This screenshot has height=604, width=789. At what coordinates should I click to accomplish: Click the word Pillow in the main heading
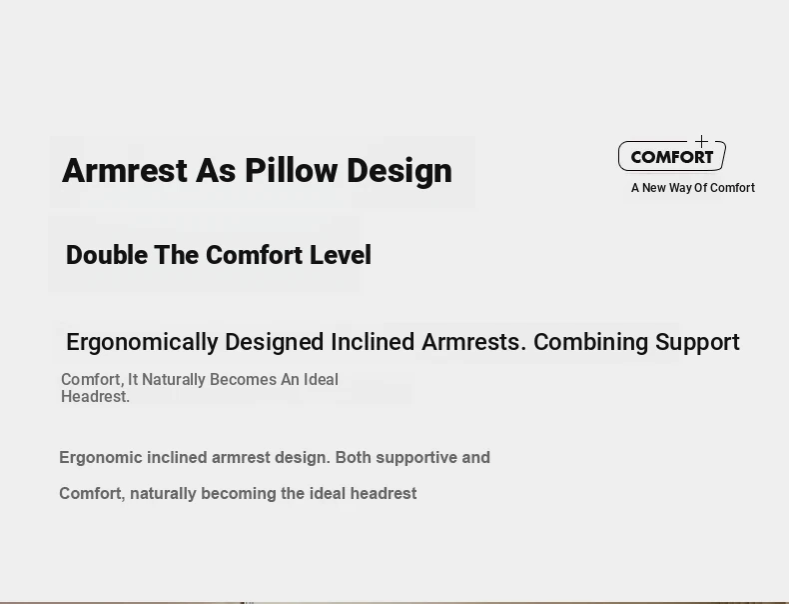[x=291, y=170]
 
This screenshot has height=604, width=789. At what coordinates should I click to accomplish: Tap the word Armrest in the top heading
[x=125, y=170]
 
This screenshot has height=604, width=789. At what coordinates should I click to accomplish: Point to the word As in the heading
[x=216, y=170]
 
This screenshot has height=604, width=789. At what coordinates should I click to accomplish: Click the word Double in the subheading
[x=107, y=255]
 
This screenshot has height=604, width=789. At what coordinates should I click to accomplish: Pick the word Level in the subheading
[x=341, y=255]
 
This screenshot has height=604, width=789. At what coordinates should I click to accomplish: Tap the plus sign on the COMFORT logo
[x=701, y=142]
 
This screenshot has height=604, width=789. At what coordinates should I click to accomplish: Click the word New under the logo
[x=654, y=188]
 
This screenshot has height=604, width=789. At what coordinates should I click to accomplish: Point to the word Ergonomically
[x=143, y=343]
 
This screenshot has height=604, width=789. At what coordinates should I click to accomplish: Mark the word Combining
[x=590, y=343]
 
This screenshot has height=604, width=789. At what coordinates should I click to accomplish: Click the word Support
[x=697, y=343]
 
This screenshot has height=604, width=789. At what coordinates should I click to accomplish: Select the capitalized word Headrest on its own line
[x=95, y=396]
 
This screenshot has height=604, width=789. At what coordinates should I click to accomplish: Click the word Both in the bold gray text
[x=354, y=457]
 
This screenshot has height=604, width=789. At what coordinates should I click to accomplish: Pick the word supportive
[x=416, y=458]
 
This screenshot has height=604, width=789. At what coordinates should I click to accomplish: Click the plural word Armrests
[x=474, y=343]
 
